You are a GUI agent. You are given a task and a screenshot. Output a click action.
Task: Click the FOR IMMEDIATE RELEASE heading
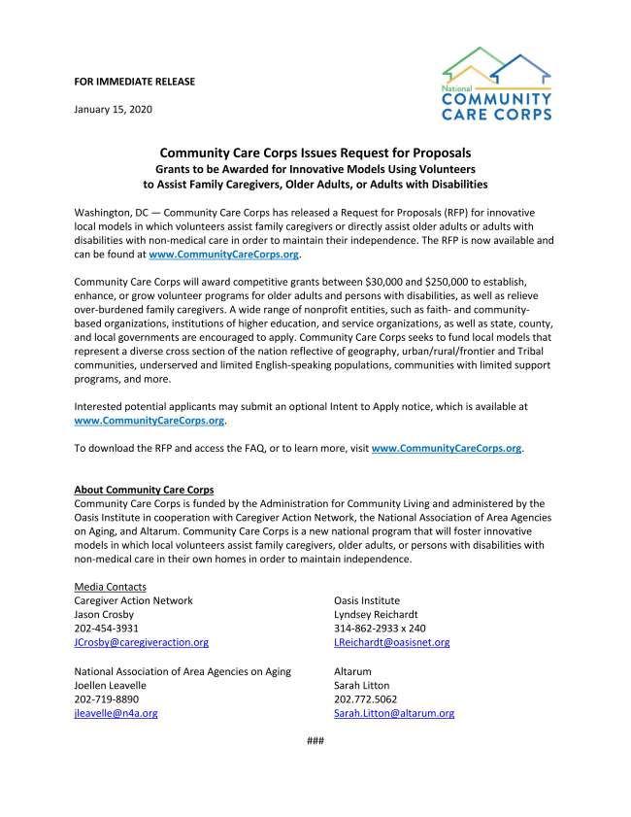(x=134, y=82)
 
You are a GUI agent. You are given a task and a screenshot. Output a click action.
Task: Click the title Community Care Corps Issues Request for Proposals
(x=315, y=153)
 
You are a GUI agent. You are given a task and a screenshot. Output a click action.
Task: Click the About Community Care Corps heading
(x=144, y=490)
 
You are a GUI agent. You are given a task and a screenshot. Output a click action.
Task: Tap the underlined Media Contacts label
(x=110, y=587)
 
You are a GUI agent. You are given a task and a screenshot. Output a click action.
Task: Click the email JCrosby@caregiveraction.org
(x=141, y=642)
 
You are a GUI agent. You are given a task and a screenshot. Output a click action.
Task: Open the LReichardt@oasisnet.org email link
(x=391, y=642)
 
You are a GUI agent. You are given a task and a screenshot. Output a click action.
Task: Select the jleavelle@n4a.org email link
(x=116, y=713)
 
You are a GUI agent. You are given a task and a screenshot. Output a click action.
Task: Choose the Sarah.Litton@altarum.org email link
(x=393, y=713)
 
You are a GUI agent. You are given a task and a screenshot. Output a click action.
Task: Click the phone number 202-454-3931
(x=106, y=629)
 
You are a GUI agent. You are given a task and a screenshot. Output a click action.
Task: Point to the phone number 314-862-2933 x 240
(x=380, y=629)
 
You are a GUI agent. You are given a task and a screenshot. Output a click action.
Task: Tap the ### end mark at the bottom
(x=315, y=741)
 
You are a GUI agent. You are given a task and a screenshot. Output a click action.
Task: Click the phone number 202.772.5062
(x=365, y=698)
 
